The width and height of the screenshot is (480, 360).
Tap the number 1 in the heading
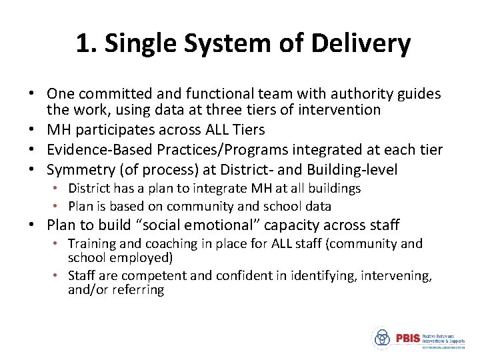82,44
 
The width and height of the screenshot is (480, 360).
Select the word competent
153,276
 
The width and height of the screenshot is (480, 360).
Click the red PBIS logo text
407,337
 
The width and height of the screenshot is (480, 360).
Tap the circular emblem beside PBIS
382,337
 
